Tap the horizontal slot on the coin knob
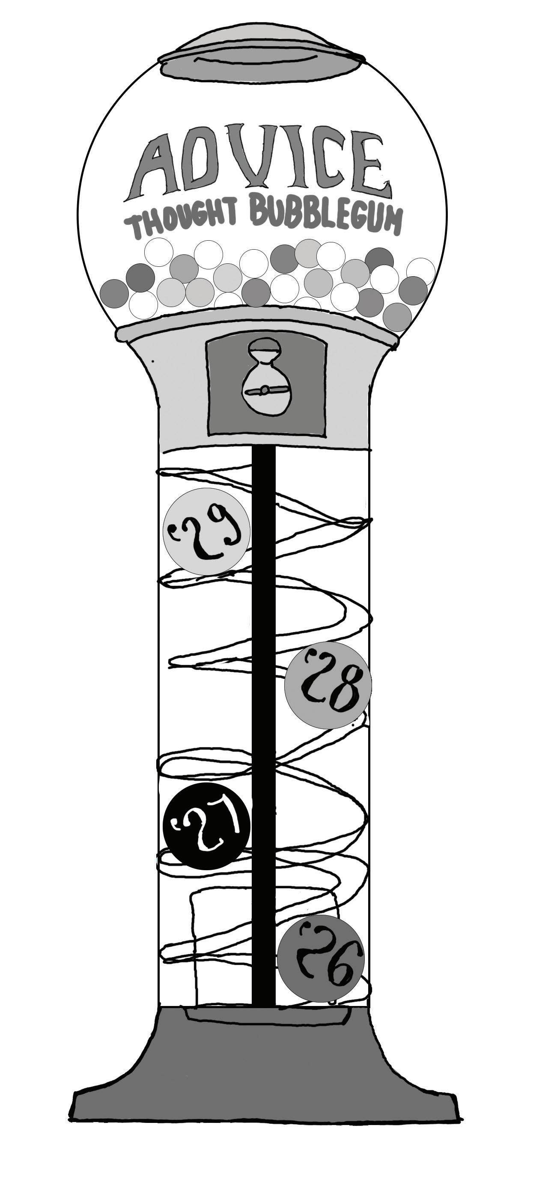[266, 391]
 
